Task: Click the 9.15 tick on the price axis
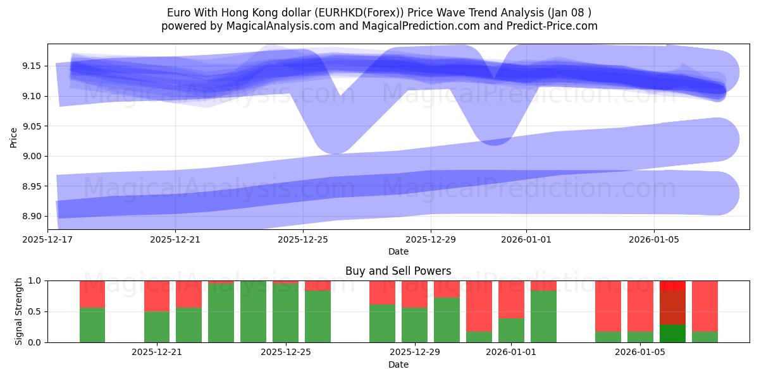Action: pyautogui.click(x=33, y=66)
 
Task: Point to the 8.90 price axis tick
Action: pyautogui.click(x=33, y=216)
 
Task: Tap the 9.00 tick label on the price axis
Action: pyautogui.click(x=33, y=156)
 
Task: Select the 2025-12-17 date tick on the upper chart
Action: pyautogui.click(x=48, y=239)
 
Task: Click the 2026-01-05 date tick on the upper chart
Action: pyautogui.click(x=654, y=239)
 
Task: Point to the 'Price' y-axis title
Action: pyautogui.click(x=14, y=137)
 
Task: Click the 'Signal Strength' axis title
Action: pyautogui.click(x=19, y=311)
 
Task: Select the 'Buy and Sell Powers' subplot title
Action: pyautogui.click(x=398, y=271)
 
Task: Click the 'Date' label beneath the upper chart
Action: pyautogui.click(x=398, y=251)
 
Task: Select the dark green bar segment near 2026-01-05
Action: pyautogui.click(x=672, y=334)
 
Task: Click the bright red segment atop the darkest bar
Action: pyautogui.click(x=672, y=286)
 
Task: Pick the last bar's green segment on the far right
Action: pyautogui.click(x=705, y=337)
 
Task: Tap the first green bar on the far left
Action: pyautogui.click(x=92, y=325)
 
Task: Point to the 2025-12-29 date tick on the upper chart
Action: pyautogui.click(x=431, y=239)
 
